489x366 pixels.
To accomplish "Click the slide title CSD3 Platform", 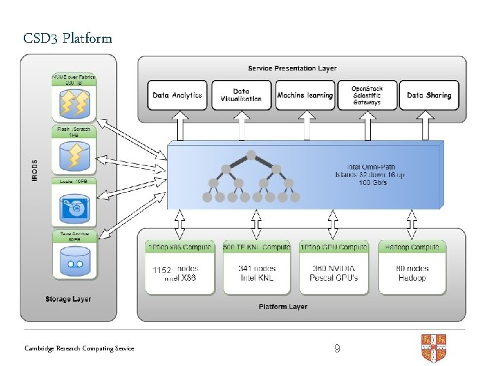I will pyautogui.click(x=67, y=38).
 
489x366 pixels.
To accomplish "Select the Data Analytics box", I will pyautogui.click(x=177, y=96).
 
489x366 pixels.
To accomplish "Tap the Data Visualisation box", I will pyautogui.click(x=240, y=96).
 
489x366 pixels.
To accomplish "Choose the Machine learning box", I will pyautogui.click(x=305, y=96).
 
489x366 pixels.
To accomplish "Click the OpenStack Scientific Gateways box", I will pyautogui.click(x=367, y=96).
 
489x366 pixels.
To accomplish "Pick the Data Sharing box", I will pyautogui.click(x=429, y=96).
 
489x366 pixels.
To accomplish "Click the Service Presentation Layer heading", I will pyautogui.click(x=292, y=68).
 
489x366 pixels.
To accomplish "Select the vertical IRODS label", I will pyautogui.click(x=35, y=170).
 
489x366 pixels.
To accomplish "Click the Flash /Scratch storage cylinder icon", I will pyautogui.click(x=74, y=155).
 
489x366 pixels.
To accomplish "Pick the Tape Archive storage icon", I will pyautogui.click(x=74, y=260).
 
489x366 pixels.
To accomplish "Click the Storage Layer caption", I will pyautogui.click(x=68, y=299).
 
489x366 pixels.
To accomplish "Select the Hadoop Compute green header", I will pyautogui.click(x=412, y=247).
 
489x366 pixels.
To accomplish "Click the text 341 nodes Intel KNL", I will pyautogui.click(x=257, y=273).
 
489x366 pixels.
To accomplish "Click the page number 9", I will pyautogui.click(x=337, y=348).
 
